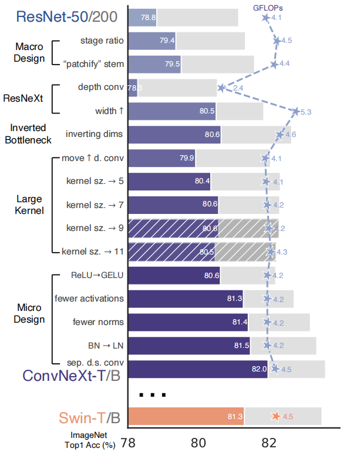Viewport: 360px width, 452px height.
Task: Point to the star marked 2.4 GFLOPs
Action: [221, 88]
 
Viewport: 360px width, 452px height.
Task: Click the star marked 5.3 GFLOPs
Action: [296, 111]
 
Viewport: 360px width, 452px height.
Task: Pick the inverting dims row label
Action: [95, 134]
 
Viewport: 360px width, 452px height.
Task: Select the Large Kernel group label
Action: [29, 205]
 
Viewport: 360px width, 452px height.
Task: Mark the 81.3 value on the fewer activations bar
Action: [234, 299]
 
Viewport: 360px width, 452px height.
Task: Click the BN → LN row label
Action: [101, 346]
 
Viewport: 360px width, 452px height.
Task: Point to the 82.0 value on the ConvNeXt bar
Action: [260, 369]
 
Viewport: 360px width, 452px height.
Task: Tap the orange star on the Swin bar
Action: [275, 416]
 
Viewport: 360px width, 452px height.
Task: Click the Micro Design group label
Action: [29, 314]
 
